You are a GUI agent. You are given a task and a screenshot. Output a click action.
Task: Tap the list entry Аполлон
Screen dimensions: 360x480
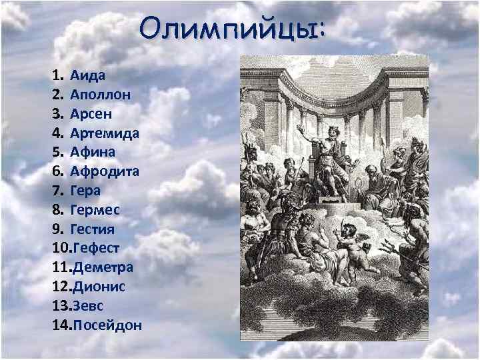pyautogui.click(x=100, y=93)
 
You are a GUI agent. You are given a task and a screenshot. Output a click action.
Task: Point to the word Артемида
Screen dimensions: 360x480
pyautogui.click(x=105, y=132)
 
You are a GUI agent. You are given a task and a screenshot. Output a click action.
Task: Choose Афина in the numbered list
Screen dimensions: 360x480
pyautogui.click(x=93, y=151)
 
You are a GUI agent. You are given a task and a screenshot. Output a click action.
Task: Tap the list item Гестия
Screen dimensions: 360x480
pyautogui.click(x=93, y=229)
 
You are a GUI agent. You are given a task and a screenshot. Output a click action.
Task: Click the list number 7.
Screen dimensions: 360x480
pyautogui.click(x=55, y=190)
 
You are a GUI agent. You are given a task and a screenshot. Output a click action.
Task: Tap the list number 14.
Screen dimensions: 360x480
pyautogui.click(x=59, y=325)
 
